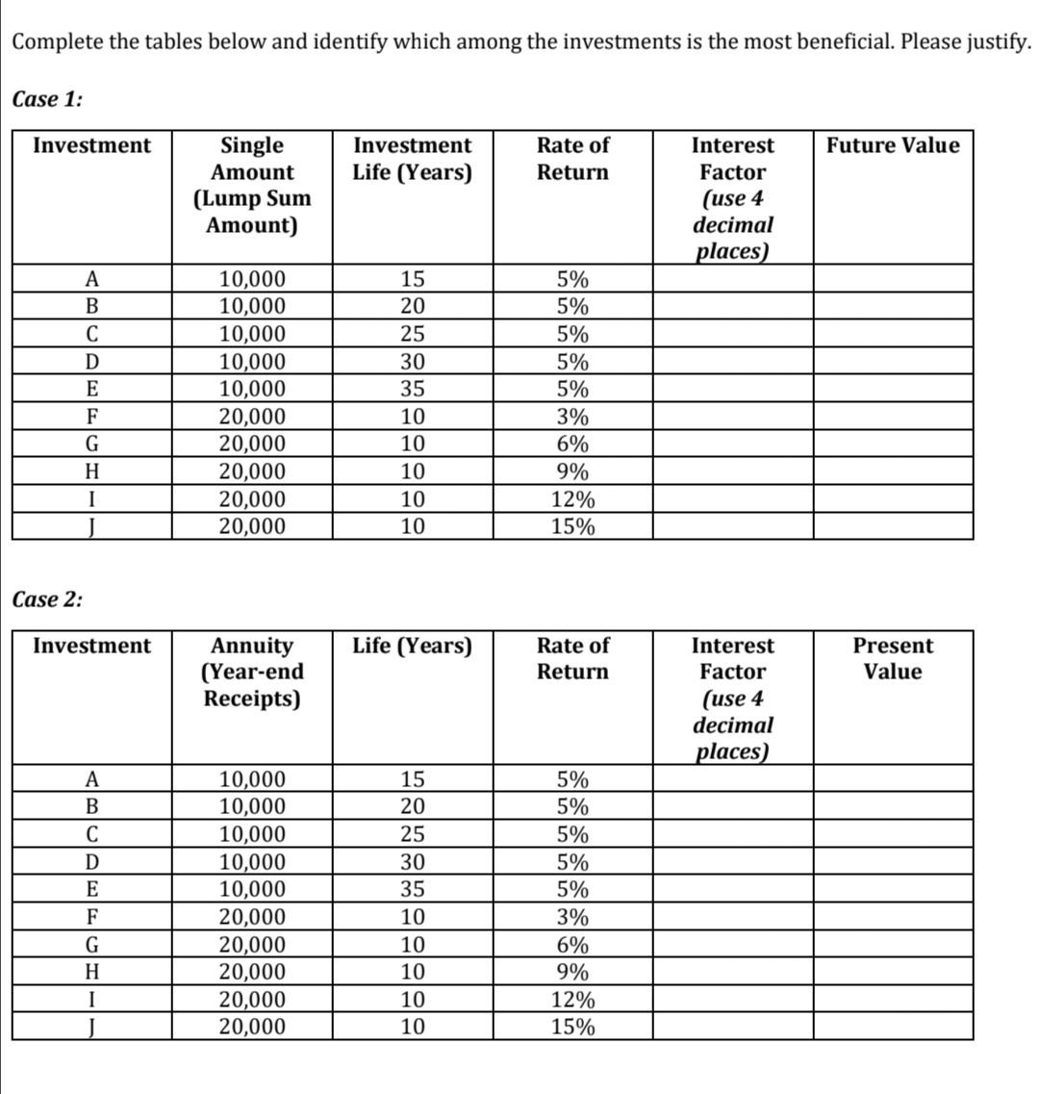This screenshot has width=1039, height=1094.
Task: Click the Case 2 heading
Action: tap(48, 598)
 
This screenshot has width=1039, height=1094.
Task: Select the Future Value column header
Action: tap(893, 145)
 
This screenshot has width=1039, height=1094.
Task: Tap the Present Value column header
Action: tap(893, 658)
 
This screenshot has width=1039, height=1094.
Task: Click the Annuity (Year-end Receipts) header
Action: tap(252, 671)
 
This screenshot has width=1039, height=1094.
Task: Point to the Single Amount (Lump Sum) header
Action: tap(252, 185)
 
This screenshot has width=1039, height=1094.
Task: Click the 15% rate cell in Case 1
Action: tap(572, 527)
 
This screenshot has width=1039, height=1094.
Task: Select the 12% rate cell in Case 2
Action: tap(572, 1000)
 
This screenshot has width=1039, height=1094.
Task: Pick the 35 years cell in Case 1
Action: tap(412, 390)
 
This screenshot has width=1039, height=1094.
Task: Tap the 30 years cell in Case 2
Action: tap(412, 862)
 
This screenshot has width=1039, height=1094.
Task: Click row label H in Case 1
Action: tap(91, 472)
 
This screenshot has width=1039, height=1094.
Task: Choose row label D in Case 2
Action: tap(91, 862)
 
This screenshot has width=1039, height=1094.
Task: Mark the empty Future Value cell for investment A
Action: tap(893, 280)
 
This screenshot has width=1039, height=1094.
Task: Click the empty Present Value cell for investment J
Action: tap(893, 1027)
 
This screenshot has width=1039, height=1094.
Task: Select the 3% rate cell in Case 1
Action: tap(572, 418)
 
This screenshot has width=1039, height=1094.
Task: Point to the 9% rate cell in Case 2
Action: tap(572, 972)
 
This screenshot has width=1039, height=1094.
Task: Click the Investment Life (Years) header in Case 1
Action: tap(412, 159)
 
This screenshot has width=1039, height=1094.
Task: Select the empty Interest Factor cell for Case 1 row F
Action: tap(732, 418)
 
